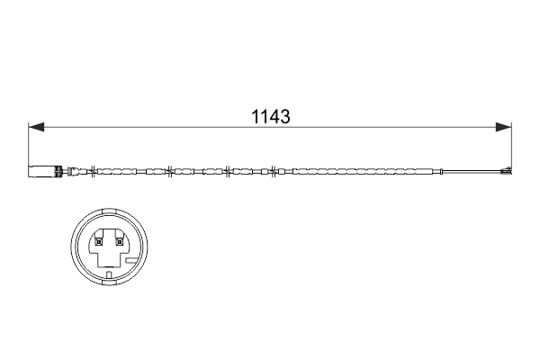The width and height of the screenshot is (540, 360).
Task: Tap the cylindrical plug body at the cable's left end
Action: point(44,169)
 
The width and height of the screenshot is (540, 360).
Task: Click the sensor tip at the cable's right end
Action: point(506,170)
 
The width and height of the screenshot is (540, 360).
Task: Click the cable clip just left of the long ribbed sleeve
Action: point(272,169)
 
